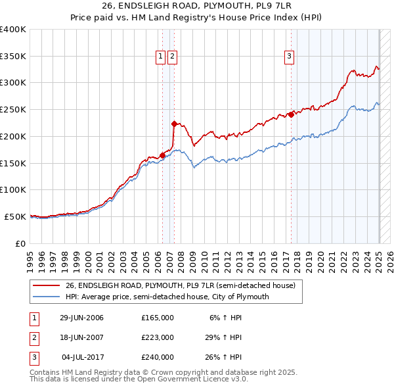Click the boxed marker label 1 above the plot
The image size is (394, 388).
pos(160,57)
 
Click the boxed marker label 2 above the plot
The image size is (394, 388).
pos(172,57)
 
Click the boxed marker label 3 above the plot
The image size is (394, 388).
pos(289,57)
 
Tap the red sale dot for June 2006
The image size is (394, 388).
pos(162,155)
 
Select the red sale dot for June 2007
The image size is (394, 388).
pos(173,124)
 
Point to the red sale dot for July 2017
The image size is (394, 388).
pos(291,114)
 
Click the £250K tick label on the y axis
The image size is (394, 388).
pos(13,110)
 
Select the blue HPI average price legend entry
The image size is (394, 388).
pos(167,297)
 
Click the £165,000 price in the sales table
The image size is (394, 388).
pos(158,318)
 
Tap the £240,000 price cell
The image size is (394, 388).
pos(158,357)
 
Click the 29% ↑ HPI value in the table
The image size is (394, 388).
pos(223,337)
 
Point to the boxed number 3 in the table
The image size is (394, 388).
pos(33,357)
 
